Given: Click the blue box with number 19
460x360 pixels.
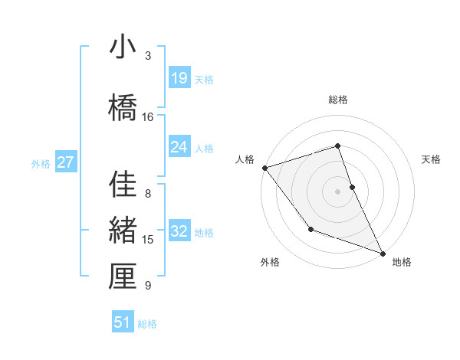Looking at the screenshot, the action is pyautogui.click(x=179, y=78).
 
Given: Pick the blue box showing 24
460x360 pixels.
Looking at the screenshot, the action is pyautogui.click(x=179, y=147).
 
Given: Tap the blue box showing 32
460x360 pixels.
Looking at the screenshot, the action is pyautogui.click(x=179, y=231).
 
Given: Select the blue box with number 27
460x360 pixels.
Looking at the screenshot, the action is pyautogui.click(x=66, y=162).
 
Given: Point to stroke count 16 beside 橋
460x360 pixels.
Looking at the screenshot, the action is pyautogui.click(x=148, y=117).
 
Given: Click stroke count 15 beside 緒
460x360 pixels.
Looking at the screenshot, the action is pyautogui.click(x=148, y=240).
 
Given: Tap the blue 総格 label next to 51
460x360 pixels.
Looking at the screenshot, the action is pyautogui.click(x=147, y=324).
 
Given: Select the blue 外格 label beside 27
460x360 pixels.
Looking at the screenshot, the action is pyautogui.click(x=41, y=163).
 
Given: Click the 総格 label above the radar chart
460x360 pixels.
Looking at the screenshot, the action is pyautogui.click(x=338, y=100).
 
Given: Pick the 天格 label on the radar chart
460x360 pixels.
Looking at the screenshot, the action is pyautogui.click(x=432, y=159).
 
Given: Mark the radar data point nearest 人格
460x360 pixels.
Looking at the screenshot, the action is pyautogui.click(x=264, y=167).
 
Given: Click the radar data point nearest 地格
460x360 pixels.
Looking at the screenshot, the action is pyautogui.click(x=383, y=254).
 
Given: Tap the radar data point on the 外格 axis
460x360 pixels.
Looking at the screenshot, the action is pyautogui.click(x=310, y=229).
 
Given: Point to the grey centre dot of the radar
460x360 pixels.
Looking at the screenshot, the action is pyautogui.click(x=338, y=191).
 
